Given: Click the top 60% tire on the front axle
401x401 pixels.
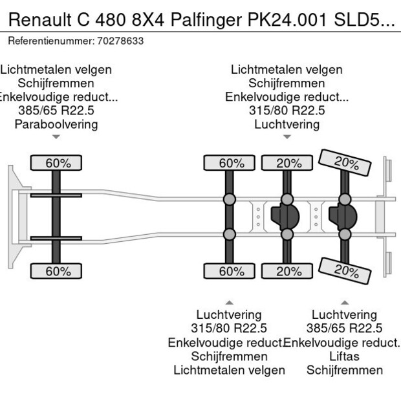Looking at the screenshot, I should [x=57, y=163].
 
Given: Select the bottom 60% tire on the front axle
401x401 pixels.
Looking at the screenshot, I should [x=57, y=271].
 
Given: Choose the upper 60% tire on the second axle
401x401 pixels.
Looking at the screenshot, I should [x=230, y=163].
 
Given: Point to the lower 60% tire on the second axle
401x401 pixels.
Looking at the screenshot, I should [x=230, y=271].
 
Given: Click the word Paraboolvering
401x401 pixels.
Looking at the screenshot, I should [x=56, y=124].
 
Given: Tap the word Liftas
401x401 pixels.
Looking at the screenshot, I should [x=344, y=356].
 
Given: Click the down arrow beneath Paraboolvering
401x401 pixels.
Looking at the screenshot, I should [x=56, y=137].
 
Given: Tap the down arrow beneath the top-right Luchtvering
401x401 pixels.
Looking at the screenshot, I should [x=287, y=137].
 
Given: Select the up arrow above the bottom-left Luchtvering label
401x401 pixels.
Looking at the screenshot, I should [x=229, y=302].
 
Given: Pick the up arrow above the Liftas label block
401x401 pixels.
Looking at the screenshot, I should [x=344, y=302].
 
